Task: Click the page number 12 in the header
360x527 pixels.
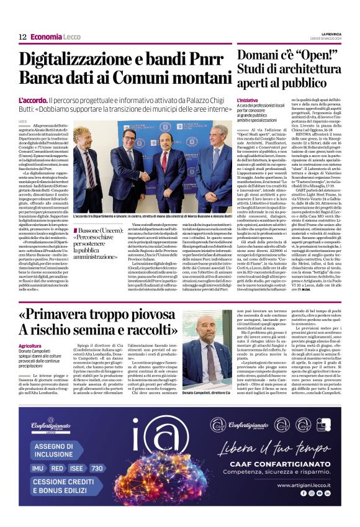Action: point(23,37)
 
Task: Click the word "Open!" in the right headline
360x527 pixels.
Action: point(317,55)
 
